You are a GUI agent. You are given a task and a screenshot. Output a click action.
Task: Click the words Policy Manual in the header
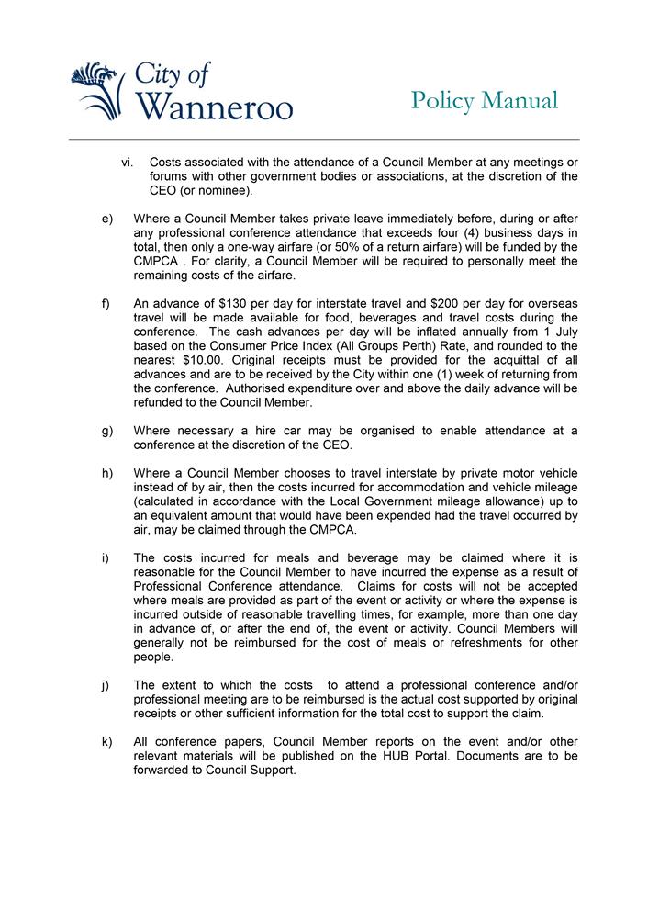(x=484, y=100)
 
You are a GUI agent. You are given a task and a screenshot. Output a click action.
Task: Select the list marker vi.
(x=128, y=163)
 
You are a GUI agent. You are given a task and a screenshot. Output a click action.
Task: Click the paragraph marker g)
(x=107, y=431)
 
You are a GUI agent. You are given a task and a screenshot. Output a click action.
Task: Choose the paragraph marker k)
(x=107, y=742)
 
